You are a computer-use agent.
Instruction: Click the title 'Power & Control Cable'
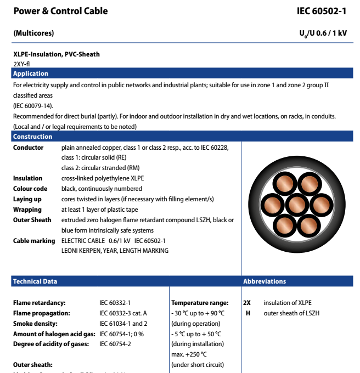[x=60, y=11]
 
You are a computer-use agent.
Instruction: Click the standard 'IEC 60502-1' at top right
[x=322, y=11]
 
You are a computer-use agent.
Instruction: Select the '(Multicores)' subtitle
[x=33, y=33]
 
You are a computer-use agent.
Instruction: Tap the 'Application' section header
[x=31, y=74]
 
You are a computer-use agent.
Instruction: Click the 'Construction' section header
[x=33, y=137]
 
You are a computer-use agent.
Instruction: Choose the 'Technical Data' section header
[x=35, y=281]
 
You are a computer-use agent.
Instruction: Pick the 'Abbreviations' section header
[x=265, y=281]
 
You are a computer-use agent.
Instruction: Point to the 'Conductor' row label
[x=29, y=148]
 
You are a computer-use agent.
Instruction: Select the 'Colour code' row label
[x=30, y=189]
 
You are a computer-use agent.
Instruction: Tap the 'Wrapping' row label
[x=27, y=210]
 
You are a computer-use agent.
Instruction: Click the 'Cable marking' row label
[x=34, y=241]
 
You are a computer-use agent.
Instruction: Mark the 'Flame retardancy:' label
[x=40, y=303]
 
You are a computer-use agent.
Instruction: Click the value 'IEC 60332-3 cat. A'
[x=123, y=313]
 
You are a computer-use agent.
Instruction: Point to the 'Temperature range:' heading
[x=200, y=303]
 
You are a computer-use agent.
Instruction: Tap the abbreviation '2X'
[x=246, y=303]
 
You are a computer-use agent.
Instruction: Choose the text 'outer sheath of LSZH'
[x=291, y=313]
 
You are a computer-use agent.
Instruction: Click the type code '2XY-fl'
[x=21, y=64]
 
